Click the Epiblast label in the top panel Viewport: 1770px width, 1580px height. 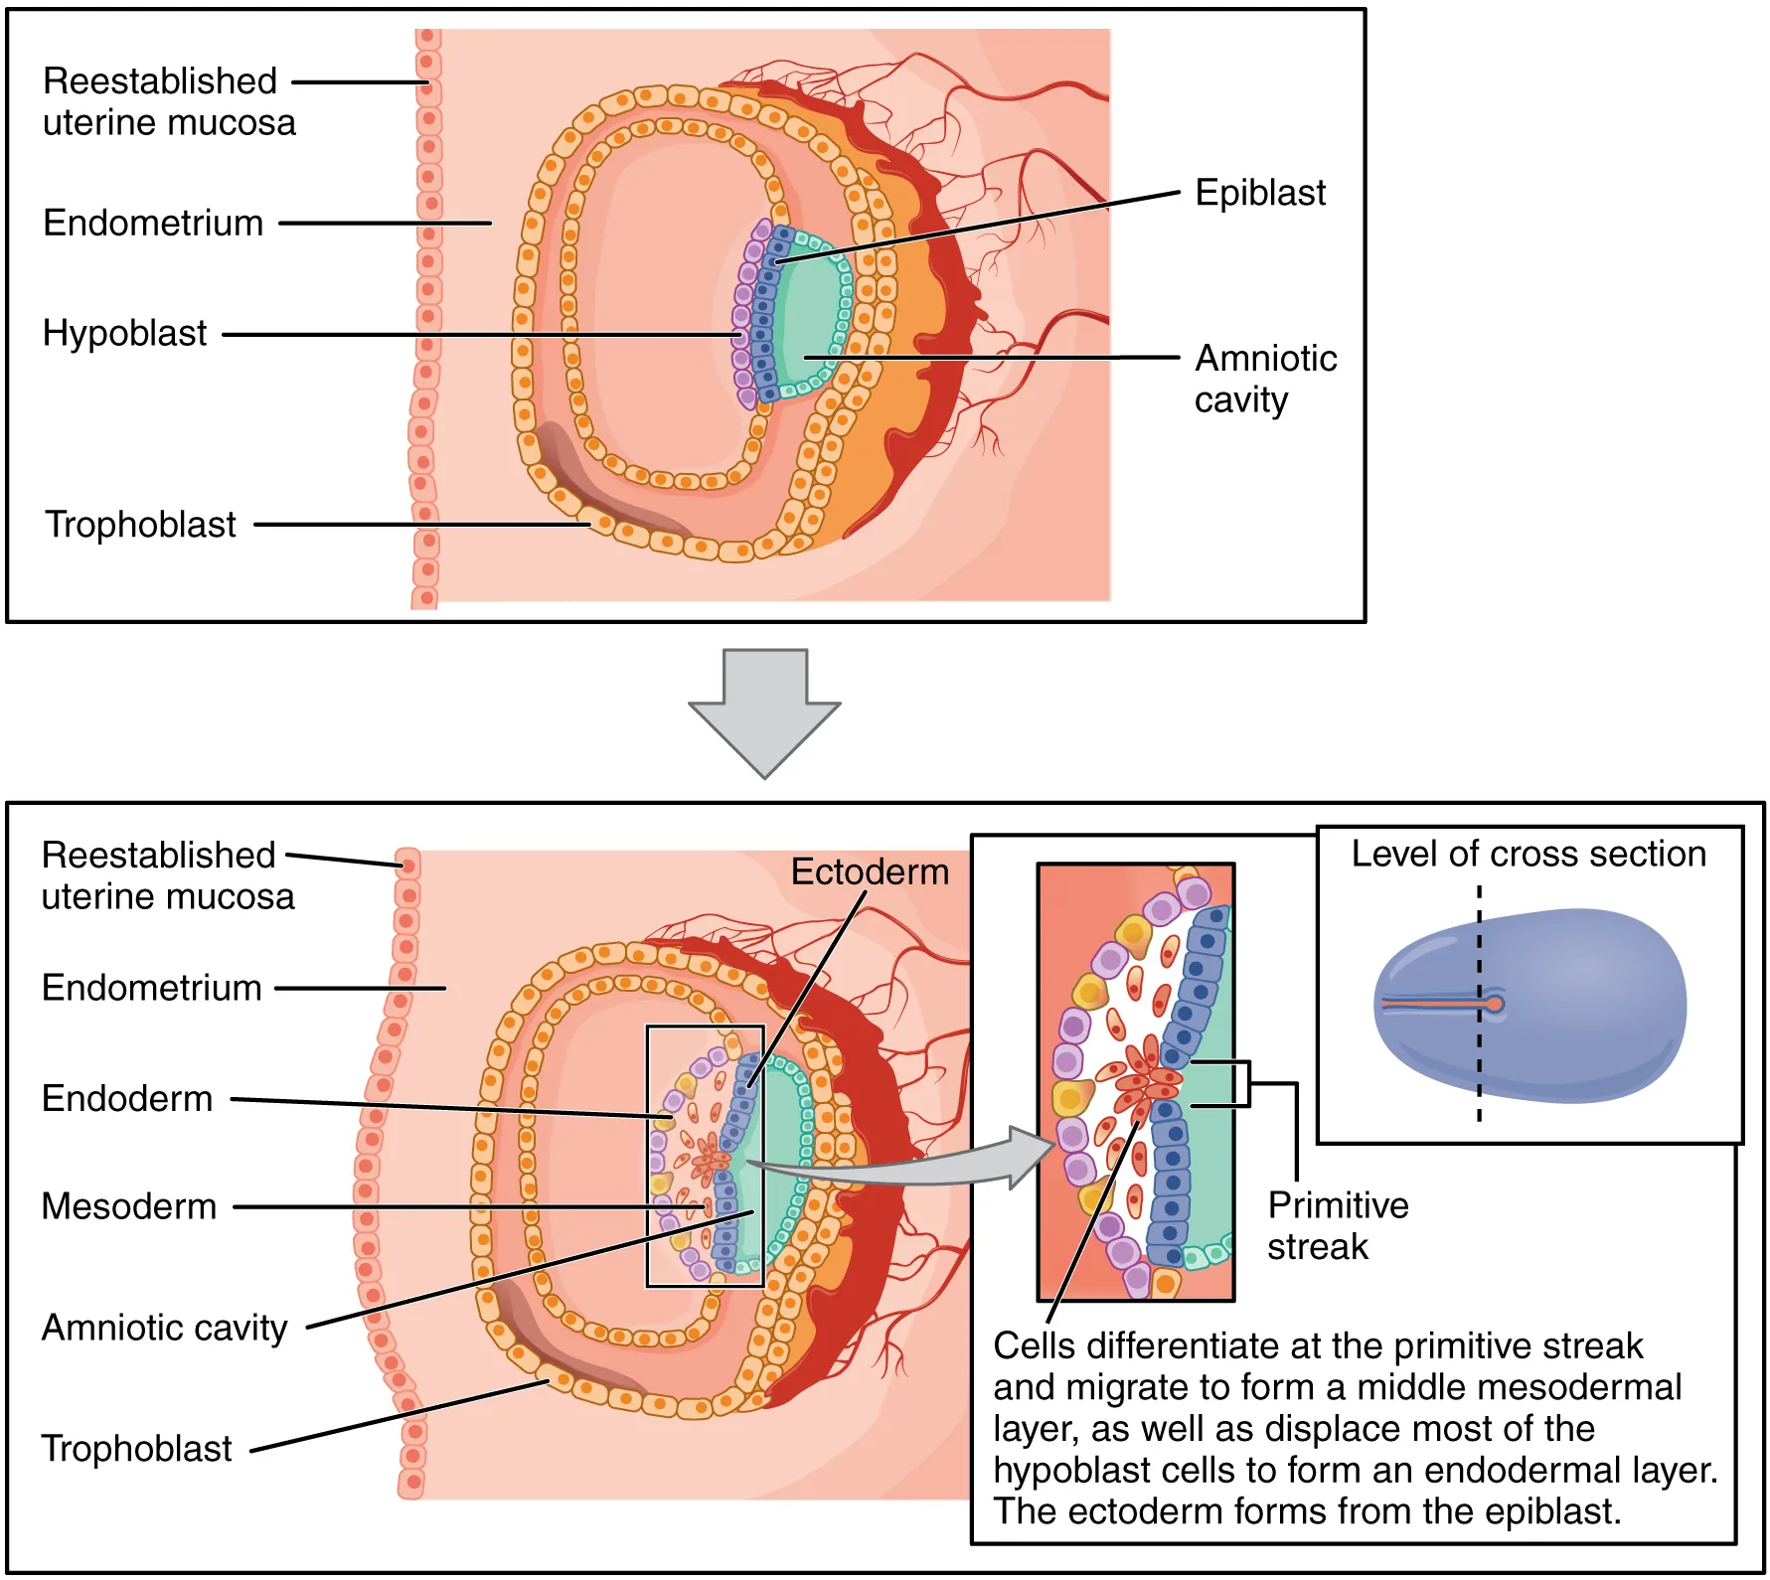coord(1259,193)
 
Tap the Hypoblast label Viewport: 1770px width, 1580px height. coord(124,333)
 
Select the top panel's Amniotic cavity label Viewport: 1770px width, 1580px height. coord(1264,379)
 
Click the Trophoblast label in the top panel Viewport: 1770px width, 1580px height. coord(140,524)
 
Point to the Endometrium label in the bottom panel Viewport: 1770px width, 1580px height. coord(151,988)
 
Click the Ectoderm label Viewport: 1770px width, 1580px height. coord(869,871)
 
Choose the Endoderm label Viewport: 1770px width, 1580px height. coord(127,1098)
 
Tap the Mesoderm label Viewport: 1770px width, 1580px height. coord(128,1206)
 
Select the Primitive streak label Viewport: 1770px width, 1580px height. coord(1337,1225)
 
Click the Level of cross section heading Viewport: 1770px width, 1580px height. coord(1528,854)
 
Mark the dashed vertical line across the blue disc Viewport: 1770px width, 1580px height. coord(1479,1073)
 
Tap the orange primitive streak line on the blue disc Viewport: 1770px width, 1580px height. coord(1431,1005)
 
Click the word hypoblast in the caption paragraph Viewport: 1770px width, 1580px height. coord(1057,1470)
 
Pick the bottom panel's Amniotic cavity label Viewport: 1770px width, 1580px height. coord(164,1328)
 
